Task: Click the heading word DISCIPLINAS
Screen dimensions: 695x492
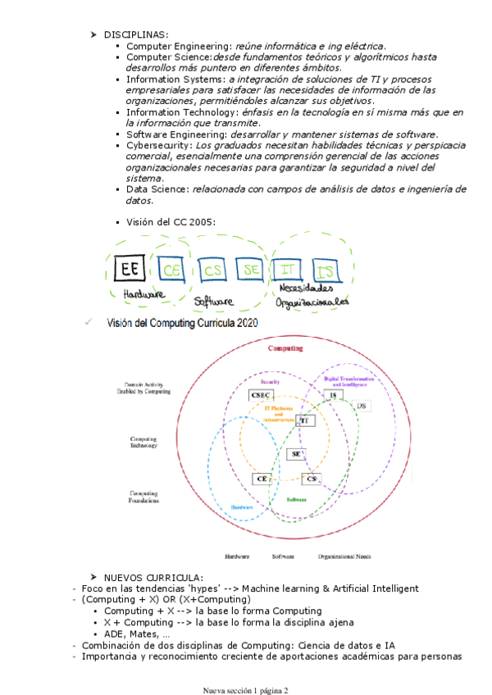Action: tap(136, 34)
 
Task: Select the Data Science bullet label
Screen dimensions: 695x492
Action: tap(157, 189)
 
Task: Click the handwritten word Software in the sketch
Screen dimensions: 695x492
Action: tap(214, 302)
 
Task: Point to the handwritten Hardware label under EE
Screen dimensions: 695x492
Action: tap(143, 293)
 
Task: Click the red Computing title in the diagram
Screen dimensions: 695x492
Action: tap(285, 348)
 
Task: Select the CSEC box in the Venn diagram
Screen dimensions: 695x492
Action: tap(261, 394)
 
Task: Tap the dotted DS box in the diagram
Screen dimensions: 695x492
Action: tap(361, 406)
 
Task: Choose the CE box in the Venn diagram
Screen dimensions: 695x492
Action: tap(262, 479)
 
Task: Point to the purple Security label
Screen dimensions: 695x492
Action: tap(271, 382)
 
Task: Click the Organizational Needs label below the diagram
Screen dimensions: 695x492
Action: tap(344, 556)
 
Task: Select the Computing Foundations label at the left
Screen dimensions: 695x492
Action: tap(148, 497)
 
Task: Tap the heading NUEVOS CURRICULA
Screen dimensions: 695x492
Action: tap(154, 578)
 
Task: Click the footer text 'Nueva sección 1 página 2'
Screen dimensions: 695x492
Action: tap(246, 690)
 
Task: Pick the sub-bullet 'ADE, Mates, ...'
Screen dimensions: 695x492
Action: tap(138, 634)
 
